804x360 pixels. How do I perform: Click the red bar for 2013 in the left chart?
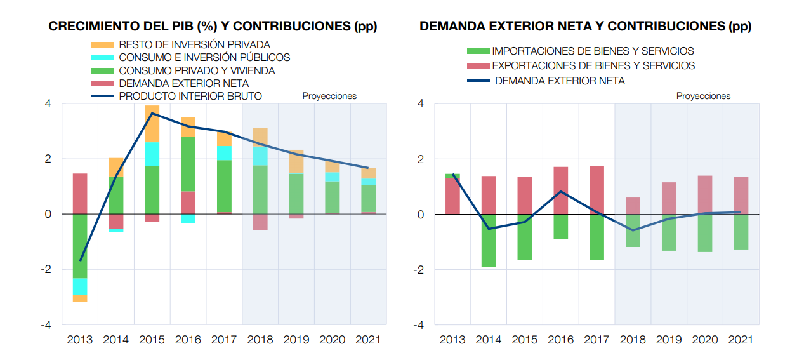click(x=80, y=194)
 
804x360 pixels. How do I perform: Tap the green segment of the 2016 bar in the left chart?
click(x=188, y=164)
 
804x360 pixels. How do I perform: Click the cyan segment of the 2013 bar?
click(x=80, y=286)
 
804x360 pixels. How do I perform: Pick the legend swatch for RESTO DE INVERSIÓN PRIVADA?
click(x=103, y=44)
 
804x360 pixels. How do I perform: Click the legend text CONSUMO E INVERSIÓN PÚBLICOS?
click(x=204, y=57)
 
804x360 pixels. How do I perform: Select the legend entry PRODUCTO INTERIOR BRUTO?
click(x=190, y=96)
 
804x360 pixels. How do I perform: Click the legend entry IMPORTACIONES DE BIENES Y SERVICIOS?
click(x=593, y=51)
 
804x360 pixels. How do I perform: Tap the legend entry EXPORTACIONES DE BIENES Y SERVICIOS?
click(x=593, y=65)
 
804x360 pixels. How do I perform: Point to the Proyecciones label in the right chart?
click(x=703, y=97)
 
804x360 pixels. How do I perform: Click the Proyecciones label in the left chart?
click(x=329, y=97)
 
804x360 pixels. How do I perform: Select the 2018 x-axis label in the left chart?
click(x=260, y=340)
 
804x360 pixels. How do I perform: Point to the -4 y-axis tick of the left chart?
click(x=47, y=325)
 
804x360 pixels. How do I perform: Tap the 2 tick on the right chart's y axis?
click(x=420, y=159)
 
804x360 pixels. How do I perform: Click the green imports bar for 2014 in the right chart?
click(x=489, y=241)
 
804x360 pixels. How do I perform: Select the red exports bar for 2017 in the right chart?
click(x=596, y=190)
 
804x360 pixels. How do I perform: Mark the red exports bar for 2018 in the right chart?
click(x=633, y=206)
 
